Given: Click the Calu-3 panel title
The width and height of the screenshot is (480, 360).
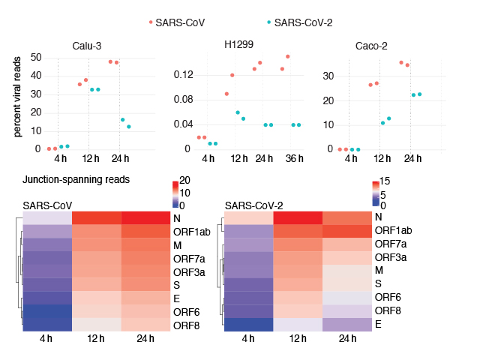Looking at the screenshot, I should pos(88,46).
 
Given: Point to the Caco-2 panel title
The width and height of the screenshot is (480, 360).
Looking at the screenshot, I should pos(371,46).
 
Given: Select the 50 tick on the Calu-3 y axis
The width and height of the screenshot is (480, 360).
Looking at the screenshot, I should pos(34,57).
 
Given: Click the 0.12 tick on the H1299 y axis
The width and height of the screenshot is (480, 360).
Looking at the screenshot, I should pos(183,75).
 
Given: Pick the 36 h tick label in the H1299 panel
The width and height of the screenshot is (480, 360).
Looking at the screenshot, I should pos(295,158).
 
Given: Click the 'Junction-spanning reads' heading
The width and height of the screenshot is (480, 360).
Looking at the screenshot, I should pos(76,180).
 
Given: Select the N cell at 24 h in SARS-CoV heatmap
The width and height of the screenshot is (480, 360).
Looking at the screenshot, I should pos(145,217).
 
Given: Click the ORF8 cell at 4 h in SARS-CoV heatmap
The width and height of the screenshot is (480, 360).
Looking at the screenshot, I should pos(47,324).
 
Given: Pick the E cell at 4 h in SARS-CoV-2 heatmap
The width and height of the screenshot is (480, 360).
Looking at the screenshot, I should pos(249,324).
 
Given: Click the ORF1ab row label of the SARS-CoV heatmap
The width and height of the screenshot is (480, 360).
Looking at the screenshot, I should pos(190,231).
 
